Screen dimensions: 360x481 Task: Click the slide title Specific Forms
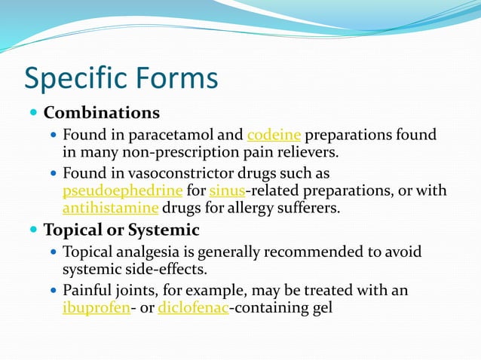tap(121, 78)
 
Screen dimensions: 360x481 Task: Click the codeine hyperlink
tap(274, 135)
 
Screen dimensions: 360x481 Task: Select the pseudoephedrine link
tap(123, 190)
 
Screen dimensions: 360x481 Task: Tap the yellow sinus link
tap(227, 190)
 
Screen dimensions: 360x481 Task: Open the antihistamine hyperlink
tap(111, 207)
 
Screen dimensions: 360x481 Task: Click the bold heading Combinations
tap(102, 113)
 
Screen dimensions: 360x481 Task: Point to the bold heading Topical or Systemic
tap(121, 230)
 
